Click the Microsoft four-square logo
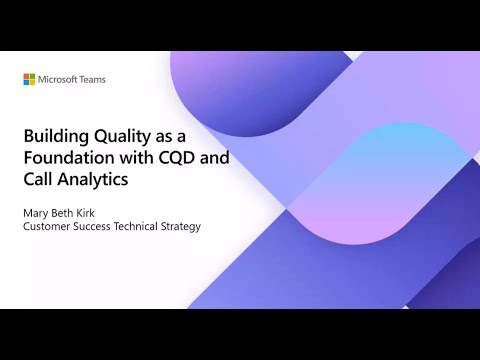30,79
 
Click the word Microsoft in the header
61,79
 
